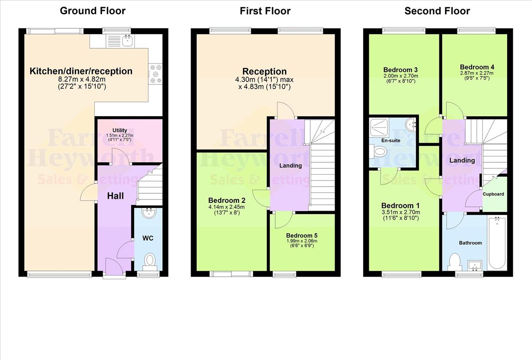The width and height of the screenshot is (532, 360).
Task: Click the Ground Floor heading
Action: pyautogui.click(x=93, y=11)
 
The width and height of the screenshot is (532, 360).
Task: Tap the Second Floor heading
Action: pyautogui.click(x=437, y=11)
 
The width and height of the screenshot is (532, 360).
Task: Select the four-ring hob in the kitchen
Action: pyautogui.click(x=156, y=74)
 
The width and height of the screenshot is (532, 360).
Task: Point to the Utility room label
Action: pyautogui.click(x=120, y=130)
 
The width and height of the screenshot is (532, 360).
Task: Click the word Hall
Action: pyautogui.click(x=115, y=196)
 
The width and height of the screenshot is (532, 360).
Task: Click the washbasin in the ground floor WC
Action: pyautogui.click(x=149, y=213)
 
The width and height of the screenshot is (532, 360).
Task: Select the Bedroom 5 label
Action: pyautogui.click(x=301, y=235)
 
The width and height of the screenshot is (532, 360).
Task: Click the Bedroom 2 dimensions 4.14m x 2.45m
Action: pyautogui.click(x=227, y=207)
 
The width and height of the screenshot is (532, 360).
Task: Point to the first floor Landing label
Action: pyautogui.click(x=290, y=165)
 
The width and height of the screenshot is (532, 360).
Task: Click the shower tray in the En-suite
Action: pyautogui.click(x=379, y=128)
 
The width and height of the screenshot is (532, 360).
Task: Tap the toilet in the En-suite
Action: pyautogui.click(x=378, y=152)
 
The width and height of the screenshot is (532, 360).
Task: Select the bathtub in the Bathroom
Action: pyautogui.click(x=497, y=243)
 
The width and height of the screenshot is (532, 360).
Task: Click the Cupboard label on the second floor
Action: pyautogui.click(x=493, y=194)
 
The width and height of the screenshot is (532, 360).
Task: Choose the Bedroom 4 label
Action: pyautogui.click(x=477, y=67)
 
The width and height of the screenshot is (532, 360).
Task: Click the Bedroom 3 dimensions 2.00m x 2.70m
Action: pyautogui.click(x=401, y=76)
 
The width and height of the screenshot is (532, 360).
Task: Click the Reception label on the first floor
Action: pyautogui.click(x=264, y=71)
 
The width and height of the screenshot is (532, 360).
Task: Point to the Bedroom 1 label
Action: pyautogui.click(x=400, y=205)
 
